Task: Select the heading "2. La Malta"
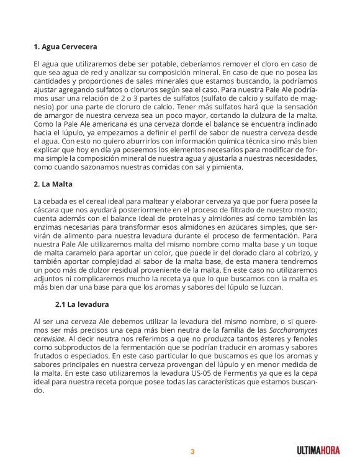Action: point(55,184)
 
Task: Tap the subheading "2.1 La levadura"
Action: point(82,304)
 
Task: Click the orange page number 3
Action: point(192,451)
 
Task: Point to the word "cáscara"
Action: point(47,210)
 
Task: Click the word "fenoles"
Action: point(303,339)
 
